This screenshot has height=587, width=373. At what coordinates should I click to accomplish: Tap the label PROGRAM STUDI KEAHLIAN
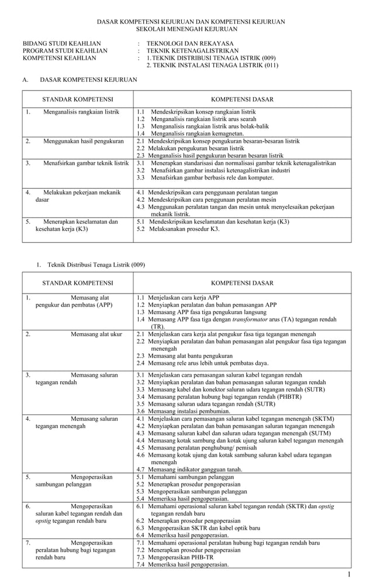click(65, 51)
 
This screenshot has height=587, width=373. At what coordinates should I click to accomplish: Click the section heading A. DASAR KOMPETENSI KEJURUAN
click(80, 79)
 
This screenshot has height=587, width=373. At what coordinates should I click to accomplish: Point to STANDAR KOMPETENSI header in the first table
click(78, 99)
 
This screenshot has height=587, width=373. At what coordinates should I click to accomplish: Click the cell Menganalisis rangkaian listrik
click(81, 111)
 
